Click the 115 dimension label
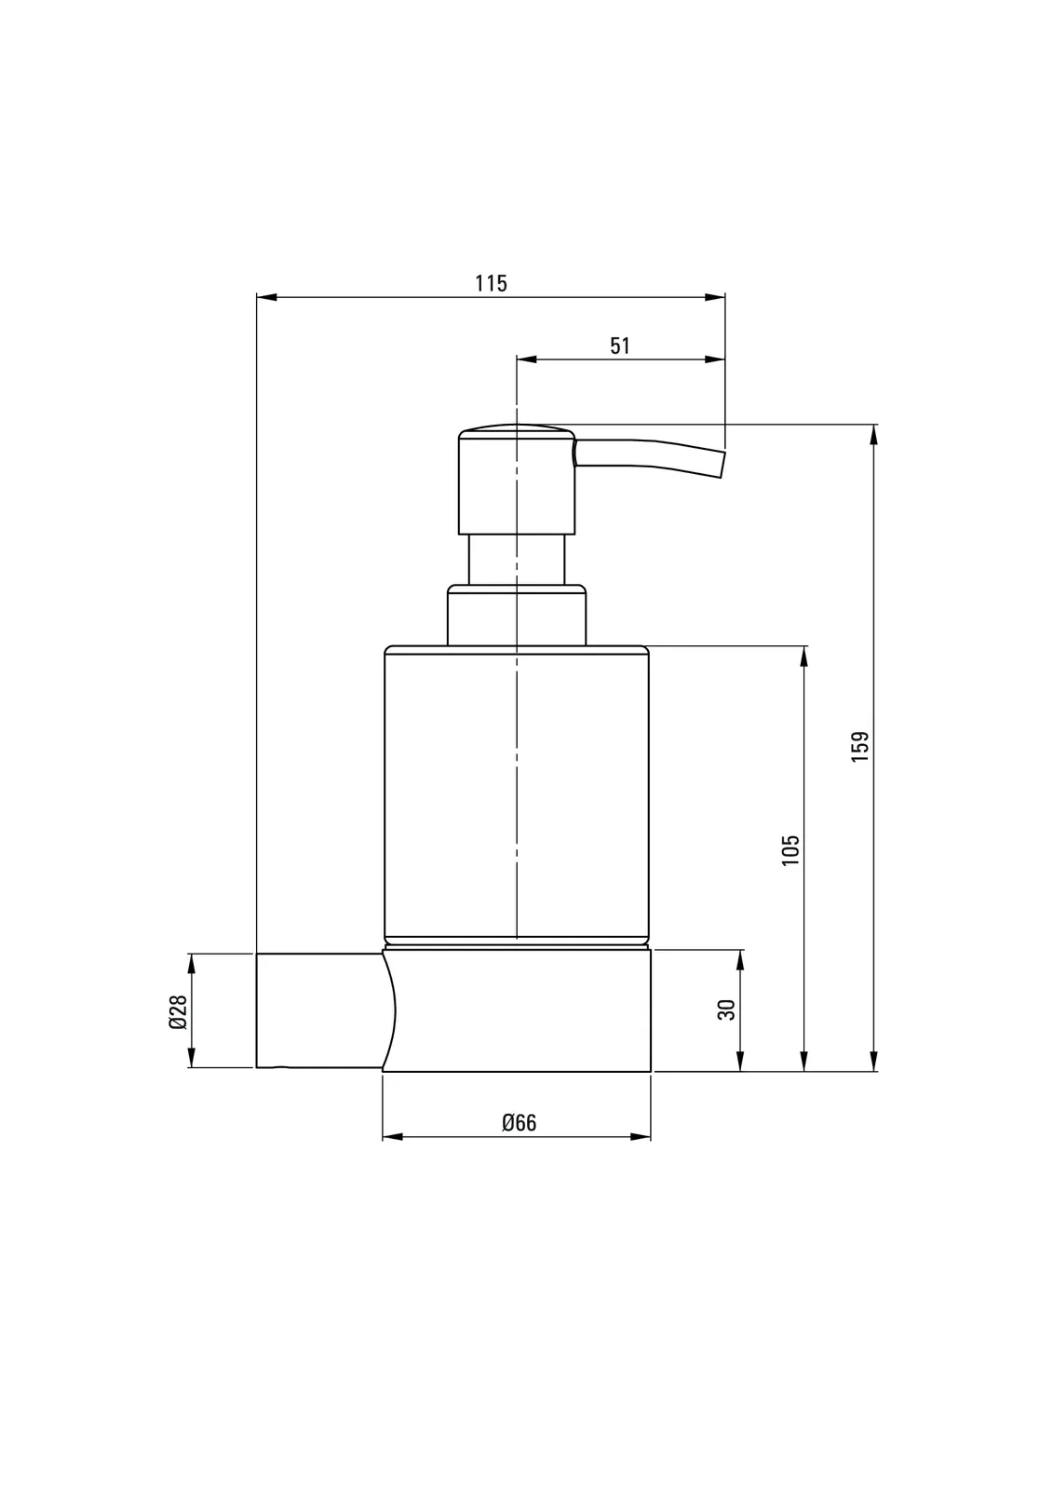tap(491, 283)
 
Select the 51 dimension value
tap(620, 345)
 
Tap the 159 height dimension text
tap(860, 746)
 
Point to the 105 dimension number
tap(790, 850)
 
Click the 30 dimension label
tap(727, 1009)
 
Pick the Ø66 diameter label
tap(519, 1123)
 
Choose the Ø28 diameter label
tap(178, 1012)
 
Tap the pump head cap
tap(517, 479)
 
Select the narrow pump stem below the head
tap(517, 560)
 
